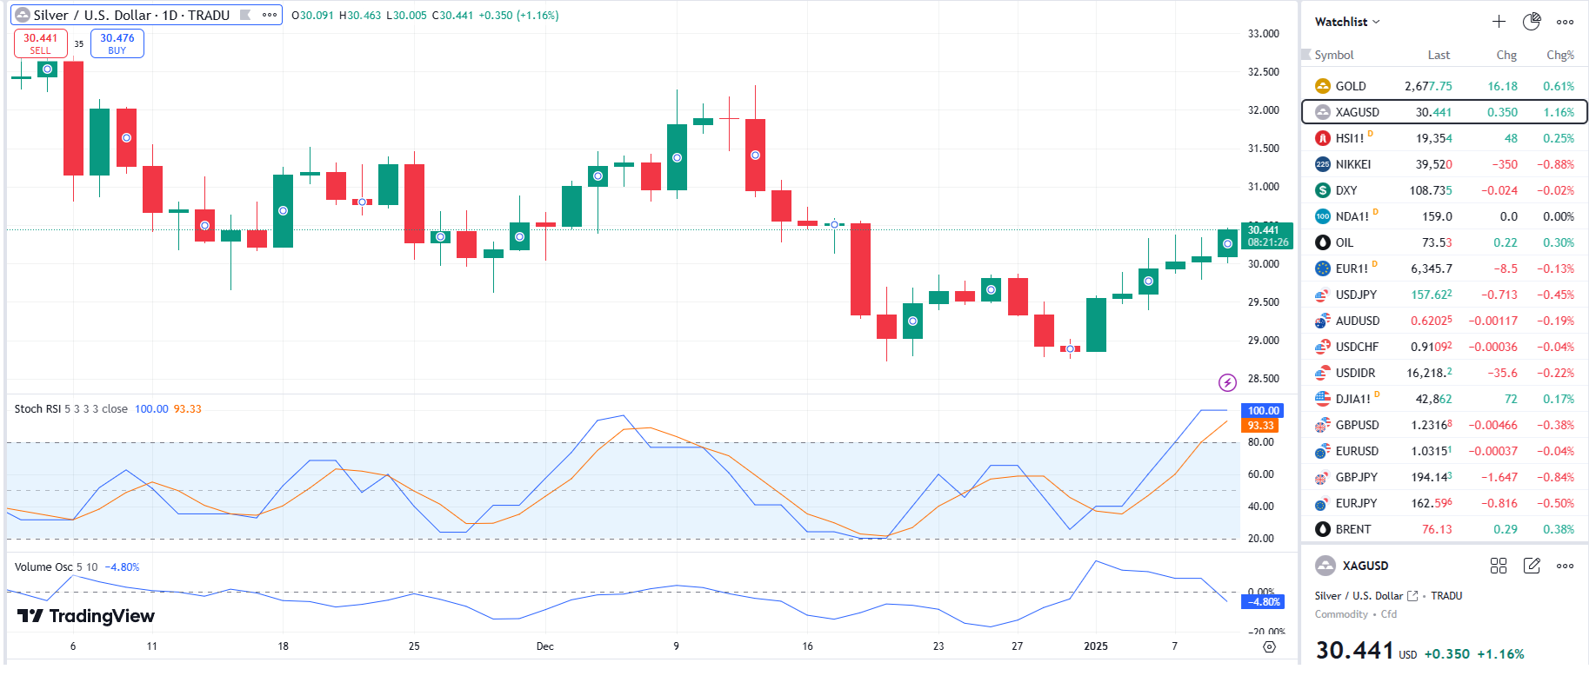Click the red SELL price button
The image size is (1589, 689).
tap(40, 43)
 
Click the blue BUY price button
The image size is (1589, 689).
tap(117, 43)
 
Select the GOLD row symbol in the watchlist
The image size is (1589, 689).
tap(1351, 86)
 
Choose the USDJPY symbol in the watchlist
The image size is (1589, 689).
tap(1356, 295)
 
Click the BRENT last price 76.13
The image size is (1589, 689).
tap(1437, 529)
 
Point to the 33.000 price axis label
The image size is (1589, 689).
tap(1263, 34)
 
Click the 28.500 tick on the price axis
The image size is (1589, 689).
tap(1263, 379)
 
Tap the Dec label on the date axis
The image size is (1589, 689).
tap(545, 646)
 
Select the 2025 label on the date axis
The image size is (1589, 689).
tap(1096, 646)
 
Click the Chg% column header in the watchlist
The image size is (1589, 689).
tap(1559, 55)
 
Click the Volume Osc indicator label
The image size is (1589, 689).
tap(43, 567)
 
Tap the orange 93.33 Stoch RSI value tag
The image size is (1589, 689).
tap(1260, 426)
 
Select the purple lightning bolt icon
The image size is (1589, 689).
tap(1227, 382)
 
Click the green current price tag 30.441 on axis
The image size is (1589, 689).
tap(1267, 235)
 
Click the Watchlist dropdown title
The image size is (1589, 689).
tap(1346, 22)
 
